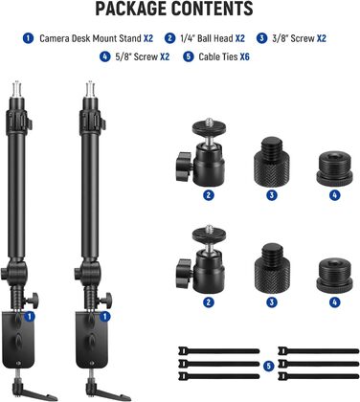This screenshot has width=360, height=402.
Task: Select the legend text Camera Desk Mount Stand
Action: point(90,38)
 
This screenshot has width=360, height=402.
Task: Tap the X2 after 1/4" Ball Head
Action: point(240,38)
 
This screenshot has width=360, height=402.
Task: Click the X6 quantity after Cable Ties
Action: point(245,57)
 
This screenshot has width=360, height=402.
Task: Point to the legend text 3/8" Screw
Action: point(293,38)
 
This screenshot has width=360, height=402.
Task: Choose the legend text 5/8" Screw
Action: point(136,57)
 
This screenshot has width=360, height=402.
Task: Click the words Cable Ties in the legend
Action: point(218,57)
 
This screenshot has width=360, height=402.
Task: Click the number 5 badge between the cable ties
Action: point(269,367)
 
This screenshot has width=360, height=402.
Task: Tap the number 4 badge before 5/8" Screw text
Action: point(104,57)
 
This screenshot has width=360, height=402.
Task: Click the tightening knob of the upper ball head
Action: point(183,163)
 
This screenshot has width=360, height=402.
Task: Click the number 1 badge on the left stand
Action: point(30,317)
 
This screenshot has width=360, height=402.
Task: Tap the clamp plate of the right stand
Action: point(91,340)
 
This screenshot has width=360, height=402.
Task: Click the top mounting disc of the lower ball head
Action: point(209,234)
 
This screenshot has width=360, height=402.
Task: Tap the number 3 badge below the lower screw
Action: point(272,302)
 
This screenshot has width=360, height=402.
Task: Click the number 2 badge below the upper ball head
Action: point(209,195)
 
